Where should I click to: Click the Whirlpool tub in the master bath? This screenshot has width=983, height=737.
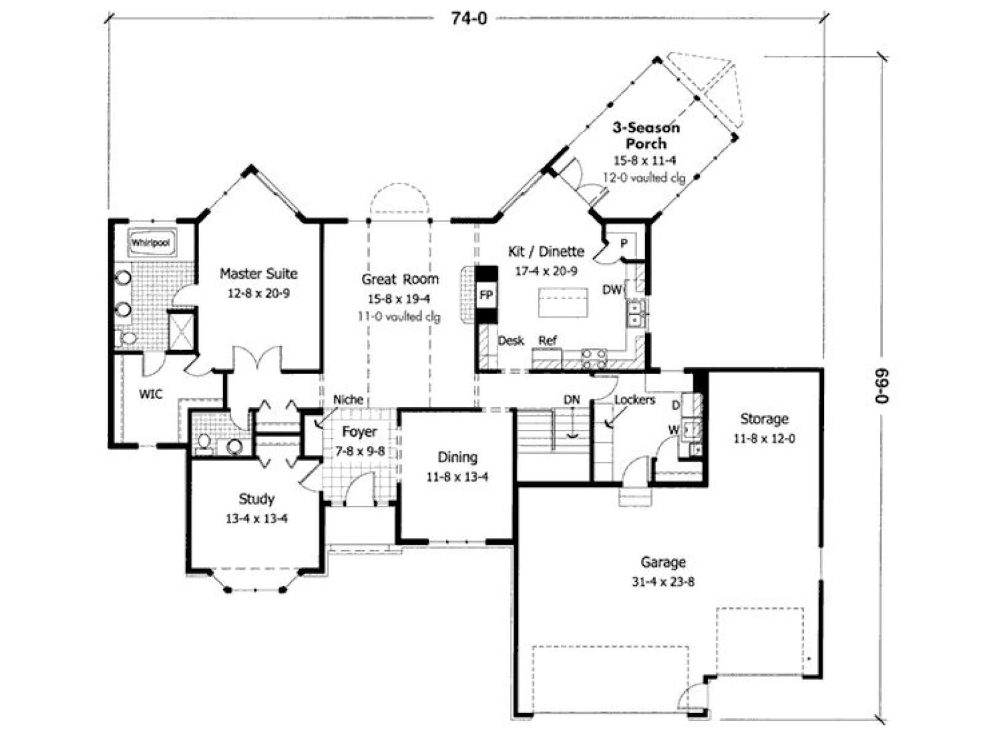coord(151,243)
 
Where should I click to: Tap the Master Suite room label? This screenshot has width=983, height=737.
coord(259,273)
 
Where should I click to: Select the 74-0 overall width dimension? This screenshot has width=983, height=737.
coord(468,19)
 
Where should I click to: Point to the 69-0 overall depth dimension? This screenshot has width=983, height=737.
coord(882,386)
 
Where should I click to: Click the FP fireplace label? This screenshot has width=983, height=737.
coord(486,295)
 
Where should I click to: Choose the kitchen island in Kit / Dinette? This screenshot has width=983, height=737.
coord(563,303)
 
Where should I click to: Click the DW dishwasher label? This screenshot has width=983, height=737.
coord(612,290)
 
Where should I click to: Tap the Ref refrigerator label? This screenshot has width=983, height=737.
coord(547,340)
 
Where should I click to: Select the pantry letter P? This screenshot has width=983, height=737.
coord(624,243)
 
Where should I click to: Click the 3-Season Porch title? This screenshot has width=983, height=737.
coord(646,136)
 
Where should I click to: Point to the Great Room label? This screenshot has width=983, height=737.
coord(400,279)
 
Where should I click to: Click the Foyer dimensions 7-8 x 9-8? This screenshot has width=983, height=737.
coord(360,451)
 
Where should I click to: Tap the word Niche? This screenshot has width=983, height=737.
coord(348,399)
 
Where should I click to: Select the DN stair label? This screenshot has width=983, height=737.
coord(572,400)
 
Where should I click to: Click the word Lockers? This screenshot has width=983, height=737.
coord(635,400)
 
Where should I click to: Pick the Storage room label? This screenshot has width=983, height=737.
coord(764,419)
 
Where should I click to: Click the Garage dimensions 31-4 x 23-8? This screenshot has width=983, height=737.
coord(663,582)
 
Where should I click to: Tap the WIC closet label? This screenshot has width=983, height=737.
coord(151,394)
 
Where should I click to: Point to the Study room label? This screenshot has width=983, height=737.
coord(256,499)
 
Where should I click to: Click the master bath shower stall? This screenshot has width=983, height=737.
coord(182,331)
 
